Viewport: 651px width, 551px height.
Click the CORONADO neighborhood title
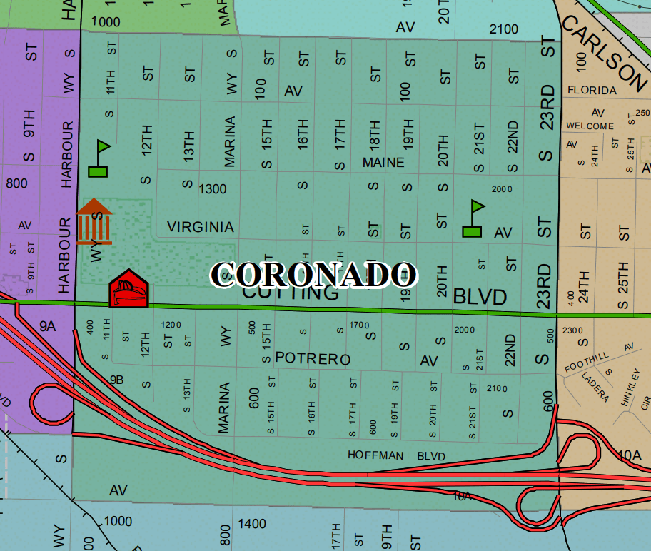click(314, 275)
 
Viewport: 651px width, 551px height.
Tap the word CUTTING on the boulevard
click(290, 293)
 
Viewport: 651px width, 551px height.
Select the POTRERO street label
click(313, 359)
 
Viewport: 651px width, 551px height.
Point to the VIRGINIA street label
click(201, 227)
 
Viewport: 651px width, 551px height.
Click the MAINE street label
click(383, 163)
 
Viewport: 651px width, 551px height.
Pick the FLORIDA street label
click(592, 91)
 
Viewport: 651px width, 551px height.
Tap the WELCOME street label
click(590, 126)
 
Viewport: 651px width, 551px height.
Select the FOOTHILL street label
click(586, 362)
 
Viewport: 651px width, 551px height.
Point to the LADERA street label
click(595, 386)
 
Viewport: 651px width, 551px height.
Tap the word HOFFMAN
click(375, 455)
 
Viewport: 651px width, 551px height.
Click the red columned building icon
click(94, 221)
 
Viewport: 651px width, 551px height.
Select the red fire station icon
click(128, 289)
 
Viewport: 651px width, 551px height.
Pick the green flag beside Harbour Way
click(99, 159)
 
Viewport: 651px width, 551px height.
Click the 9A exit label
click(47, 326)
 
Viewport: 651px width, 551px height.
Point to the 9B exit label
click(117, 380)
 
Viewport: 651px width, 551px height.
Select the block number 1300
click(213, 189)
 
